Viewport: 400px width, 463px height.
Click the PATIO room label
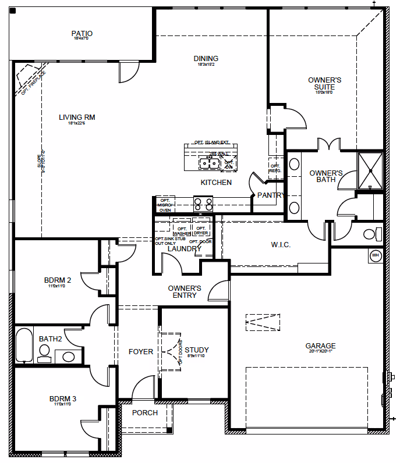[x=82, y=34]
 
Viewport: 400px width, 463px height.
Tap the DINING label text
[x=206, y=59]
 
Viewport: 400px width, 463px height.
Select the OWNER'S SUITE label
[x=324, y=83]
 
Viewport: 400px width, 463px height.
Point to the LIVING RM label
[x=77, y=117]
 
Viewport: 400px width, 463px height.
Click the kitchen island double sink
[x=208, y=163]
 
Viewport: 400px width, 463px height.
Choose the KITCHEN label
[x=216, y=183]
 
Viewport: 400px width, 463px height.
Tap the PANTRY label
[x=271, y=195]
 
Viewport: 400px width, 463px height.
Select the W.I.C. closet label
[x=281, y=245]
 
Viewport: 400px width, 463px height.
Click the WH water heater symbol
[x=375, y=255]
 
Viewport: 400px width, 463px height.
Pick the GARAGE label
[x=320, y=347]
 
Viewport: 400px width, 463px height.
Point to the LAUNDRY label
[x=184, y=249]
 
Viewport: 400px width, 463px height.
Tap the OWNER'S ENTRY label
[x=185, y=291]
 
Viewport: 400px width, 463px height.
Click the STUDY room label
[x=197, y=350]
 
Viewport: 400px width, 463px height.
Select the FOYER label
[x=141, y=352]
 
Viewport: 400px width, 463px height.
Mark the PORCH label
[x=145, y=413]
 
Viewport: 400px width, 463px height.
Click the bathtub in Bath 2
[x=24, y=346]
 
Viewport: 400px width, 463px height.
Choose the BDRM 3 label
[x=63, y=399]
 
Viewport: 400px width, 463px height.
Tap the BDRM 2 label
[x=58, y=280]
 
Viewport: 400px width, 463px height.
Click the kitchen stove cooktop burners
[x=204, y=204]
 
